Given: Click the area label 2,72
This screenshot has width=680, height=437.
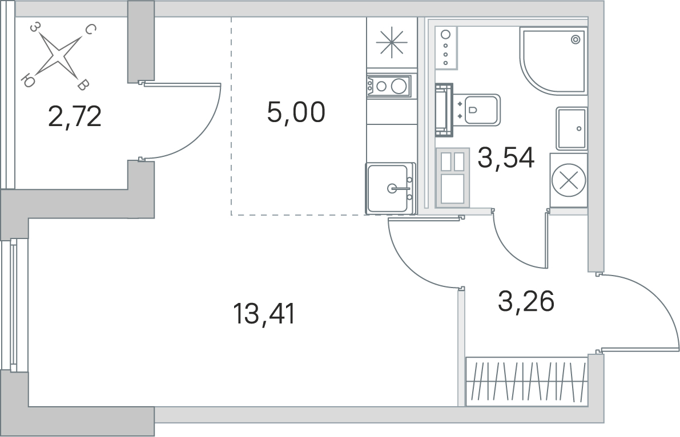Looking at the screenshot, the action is pyautogui.click(x=75, y=116).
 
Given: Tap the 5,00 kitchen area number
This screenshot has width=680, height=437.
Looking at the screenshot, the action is pyautogui.click(x=296, y=112).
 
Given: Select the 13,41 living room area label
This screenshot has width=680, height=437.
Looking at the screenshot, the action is pyautogui.click(x=264, y=314).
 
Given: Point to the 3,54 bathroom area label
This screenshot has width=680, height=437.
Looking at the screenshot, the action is pyautogui.click(x=506, y=157).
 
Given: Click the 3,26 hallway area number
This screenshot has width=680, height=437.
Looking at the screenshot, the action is pyautogui.click(x=526, y=301).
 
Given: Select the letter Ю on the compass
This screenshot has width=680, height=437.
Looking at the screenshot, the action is pyautogui.click(x=28, y=81).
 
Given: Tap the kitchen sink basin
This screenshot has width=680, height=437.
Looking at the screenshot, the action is pyautogui.click(x=388, y=188).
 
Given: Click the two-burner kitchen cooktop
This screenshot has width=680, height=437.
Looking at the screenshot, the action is pyautogui.click(x=388, y=86).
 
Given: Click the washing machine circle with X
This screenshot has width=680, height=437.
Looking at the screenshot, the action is pyautogui.click(x=569, y=180).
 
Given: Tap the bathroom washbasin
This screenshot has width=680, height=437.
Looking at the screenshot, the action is pyautogui.click(x=572, y=129).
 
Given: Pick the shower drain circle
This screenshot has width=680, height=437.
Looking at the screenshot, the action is pyautogui.click(x=576, y=40).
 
